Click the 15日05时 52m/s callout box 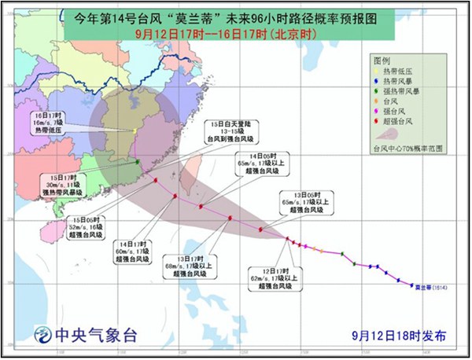tap(81, 226)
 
